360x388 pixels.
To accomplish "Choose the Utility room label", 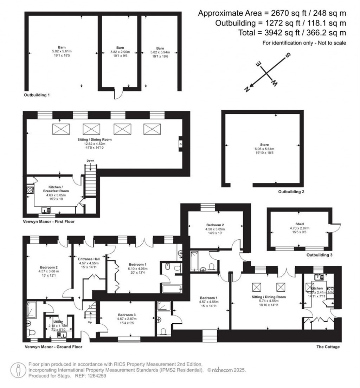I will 58,322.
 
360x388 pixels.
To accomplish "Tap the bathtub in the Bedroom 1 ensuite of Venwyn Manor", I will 171,289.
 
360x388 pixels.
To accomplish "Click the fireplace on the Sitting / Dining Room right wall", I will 180,143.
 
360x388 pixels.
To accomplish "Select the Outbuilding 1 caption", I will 37,95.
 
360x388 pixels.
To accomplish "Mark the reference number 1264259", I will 93,376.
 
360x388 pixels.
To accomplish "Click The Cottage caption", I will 328,347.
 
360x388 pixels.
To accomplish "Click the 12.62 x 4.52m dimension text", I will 94,143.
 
